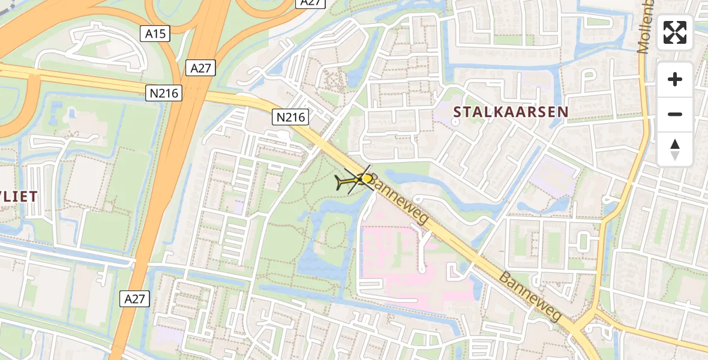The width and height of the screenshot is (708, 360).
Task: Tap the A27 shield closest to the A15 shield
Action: click(x=200, y=68)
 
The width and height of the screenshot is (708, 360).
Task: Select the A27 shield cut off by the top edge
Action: click(x=311, y=3)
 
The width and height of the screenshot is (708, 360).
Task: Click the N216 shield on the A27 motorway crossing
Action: click(x=163, y=92)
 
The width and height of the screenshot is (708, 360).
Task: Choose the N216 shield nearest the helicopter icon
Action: click(x=290, y=117)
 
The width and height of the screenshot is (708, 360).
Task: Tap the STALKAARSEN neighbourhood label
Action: click(x=511, y=112)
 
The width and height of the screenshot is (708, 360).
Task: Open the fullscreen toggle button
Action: click(x=675, y=33)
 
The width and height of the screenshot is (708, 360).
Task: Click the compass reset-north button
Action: click(x=675, y=149)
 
